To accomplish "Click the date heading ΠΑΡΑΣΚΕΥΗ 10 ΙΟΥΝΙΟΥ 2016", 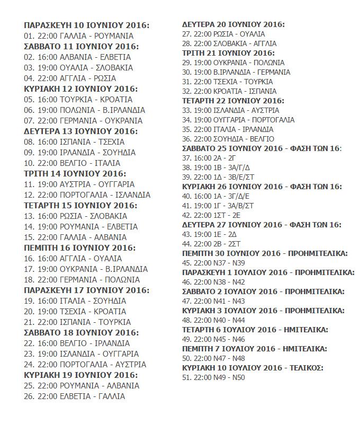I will [x=87, y=25].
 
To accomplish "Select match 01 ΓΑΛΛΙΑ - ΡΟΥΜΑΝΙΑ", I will [x=79, y=36].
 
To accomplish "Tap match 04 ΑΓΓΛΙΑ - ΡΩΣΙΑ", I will [x=70, y=78].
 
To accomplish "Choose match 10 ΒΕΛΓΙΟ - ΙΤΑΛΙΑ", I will [x=72, y=163].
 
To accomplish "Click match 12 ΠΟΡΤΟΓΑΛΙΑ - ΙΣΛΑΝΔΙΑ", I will [x=87, y=195].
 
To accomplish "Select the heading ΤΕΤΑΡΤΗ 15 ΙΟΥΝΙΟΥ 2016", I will [x=80, y=206].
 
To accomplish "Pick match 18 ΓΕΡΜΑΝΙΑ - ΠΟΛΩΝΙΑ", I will [x=82, y=280].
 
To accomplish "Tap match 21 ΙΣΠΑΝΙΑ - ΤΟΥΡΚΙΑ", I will [x=77, y=322].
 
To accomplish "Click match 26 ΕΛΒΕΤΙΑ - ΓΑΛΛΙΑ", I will [x=75, y=396].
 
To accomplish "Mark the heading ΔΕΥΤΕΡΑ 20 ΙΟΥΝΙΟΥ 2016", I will [x=233, y=25].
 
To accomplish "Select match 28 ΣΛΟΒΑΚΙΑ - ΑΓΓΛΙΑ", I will [x=229, y=43].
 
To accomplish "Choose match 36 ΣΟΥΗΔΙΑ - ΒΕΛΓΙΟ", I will [x=229, y=139].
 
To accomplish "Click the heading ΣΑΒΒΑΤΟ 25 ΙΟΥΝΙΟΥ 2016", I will [x=262, y=148].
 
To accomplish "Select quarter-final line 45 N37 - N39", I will [x=213, y=263].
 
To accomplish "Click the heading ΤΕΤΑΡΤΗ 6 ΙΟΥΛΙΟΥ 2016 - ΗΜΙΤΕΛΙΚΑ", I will [x=255, y=330].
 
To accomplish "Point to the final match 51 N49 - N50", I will [x=213, y=377].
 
